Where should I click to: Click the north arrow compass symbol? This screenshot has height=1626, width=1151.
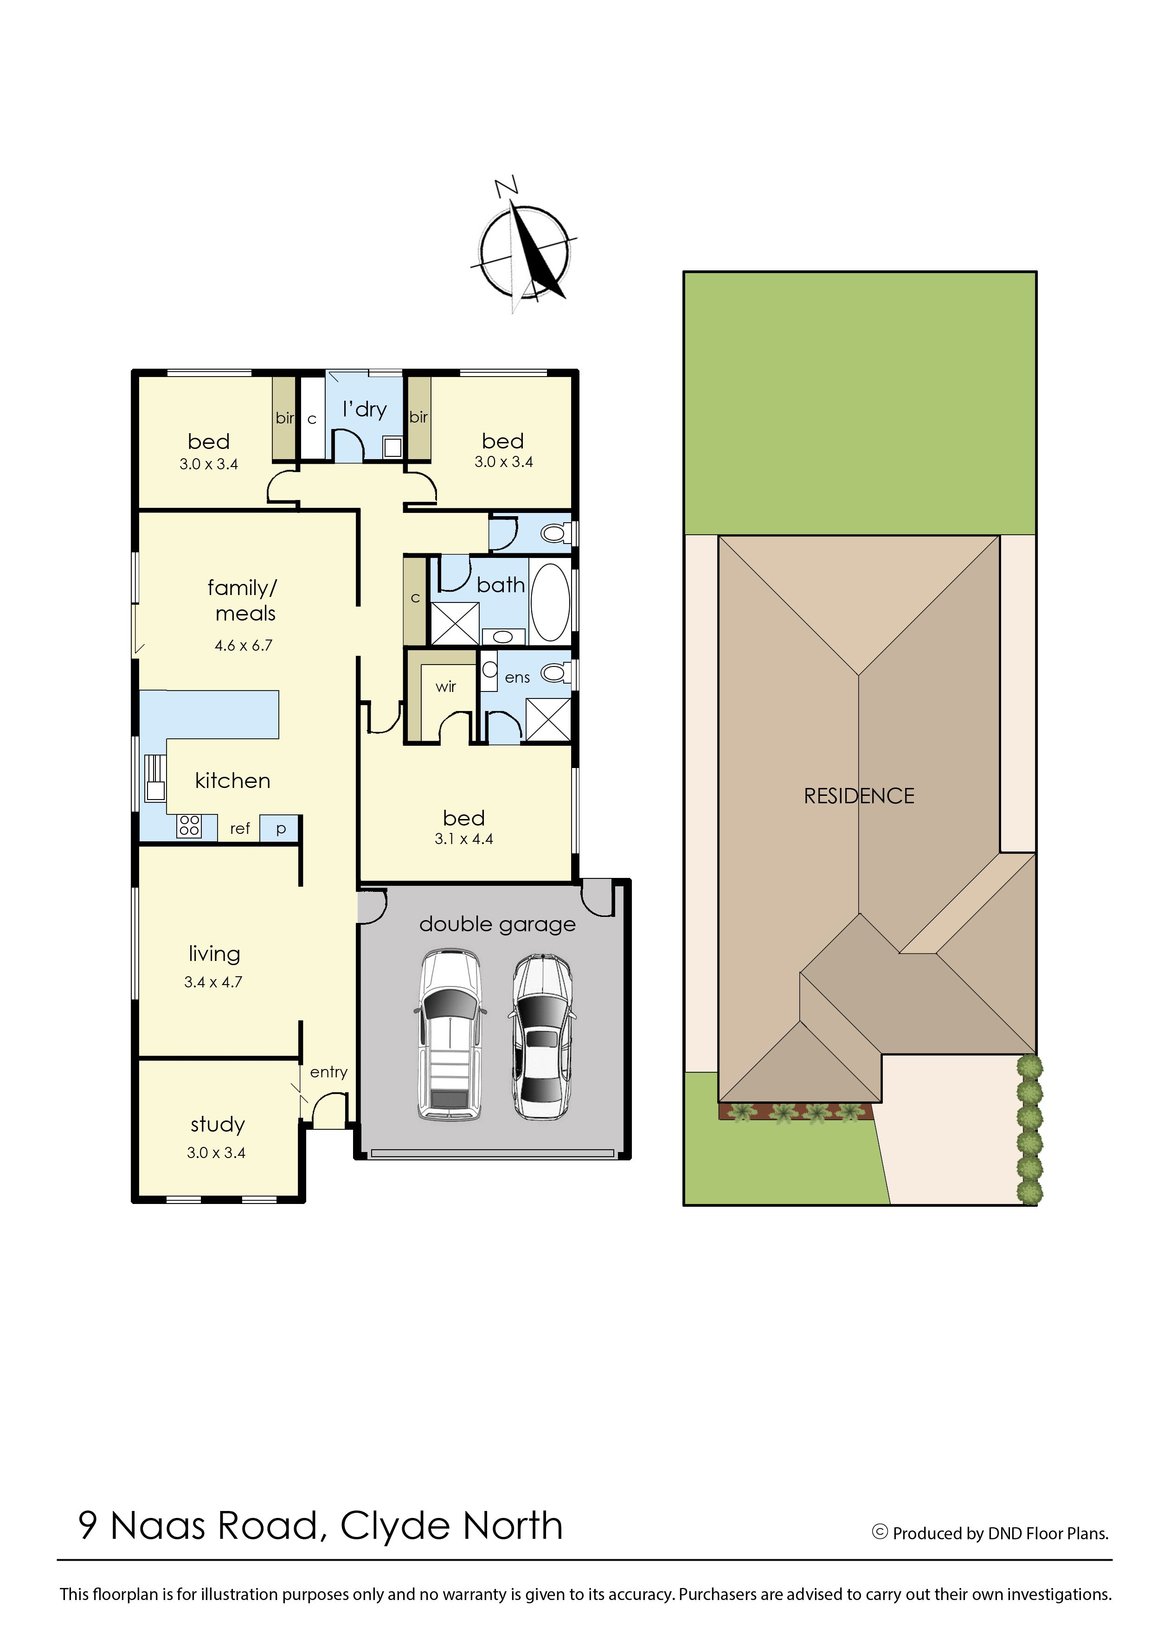[x=525, y=248]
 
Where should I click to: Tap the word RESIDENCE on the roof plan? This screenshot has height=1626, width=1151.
[x=859, y=796]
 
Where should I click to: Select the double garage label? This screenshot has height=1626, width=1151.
[x=497, y=924]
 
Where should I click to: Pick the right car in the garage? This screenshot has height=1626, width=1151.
[x=541, y=1037]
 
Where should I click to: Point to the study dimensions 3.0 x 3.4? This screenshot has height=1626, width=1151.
[x=216, y=1153]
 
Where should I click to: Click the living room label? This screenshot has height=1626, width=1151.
[x=214, y=954]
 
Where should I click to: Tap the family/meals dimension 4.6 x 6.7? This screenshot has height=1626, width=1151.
[x=243, y=646]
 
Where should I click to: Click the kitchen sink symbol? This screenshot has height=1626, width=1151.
[x=155, y=778]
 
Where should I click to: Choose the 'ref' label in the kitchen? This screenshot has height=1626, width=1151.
[x=239, y=828]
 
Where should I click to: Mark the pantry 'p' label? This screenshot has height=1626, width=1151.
[x=281, y=829]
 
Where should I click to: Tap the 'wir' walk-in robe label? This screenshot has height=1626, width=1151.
[x=446, y=686]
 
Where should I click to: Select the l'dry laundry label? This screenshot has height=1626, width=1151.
[x=364, y=410]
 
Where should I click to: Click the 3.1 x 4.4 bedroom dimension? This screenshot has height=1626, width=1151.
[x=463, y=839]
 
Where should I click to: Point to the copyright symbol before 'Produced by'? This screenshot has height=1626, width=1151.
[x=880, y=1532]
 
